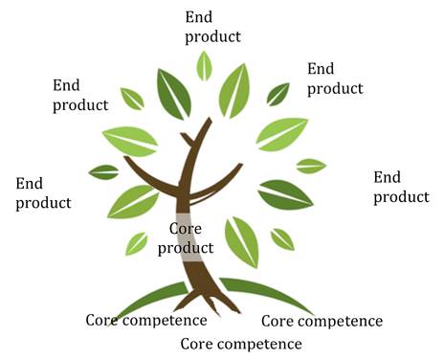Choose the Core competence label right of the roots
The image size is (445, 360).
click(x=322, y=321)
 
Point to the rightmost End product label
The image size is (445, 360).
click(x=401, y=187)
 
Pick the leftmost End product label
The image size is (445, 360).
click(x=43, y=192)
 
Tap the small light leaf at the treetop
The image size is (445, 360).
click(x=204, y=65)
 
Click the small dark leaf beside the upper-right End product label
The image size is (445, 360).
click(x=278, y=93)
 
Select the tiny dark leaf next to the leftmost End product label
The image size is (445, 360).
click(x=103, y=172)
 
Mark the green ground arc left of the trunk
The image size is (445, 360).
click(x=144, y=298)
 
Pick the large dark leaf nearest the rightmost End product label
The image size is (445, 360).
click(x=285, y=193)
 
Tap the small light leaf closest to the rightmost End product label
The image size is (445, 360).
click(x=311, y=166)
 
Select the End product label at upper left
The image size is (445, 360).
click(x=81, y=94)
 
